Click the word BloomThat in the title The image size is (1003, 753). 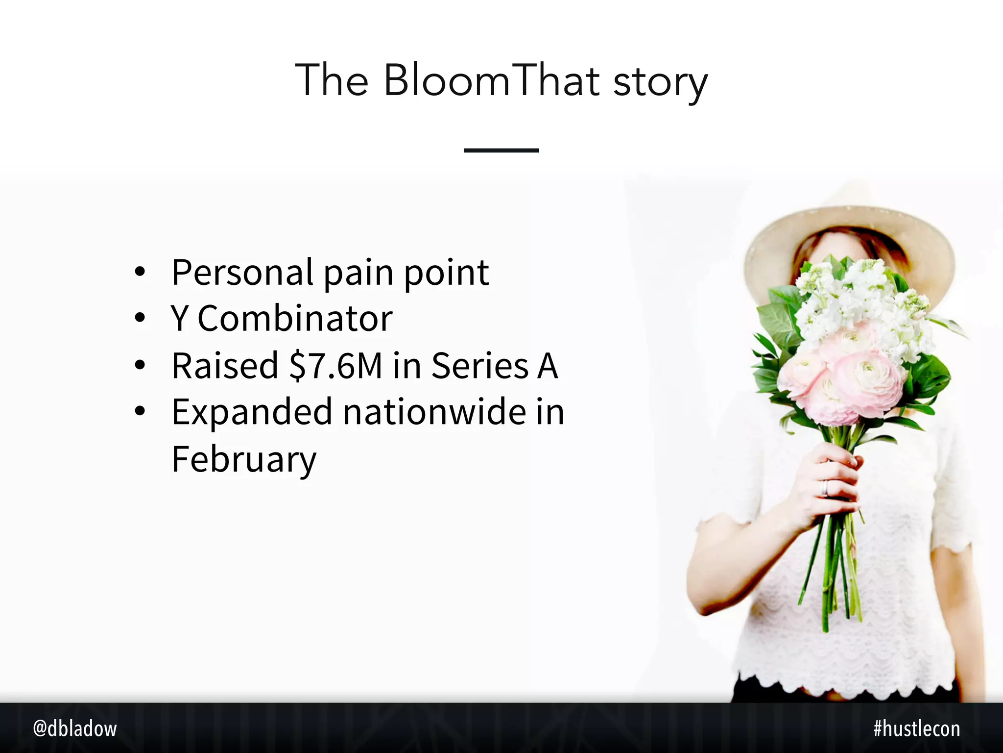pos(492,80)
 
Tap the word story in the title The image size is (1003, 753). pos(660,82)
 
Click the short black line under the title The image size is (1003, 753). pos(501,150)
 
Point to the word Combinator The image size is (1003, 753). pos(295,319)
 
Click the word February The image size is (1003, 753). pos(244,460)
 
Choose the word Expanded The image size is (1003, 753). pos(252,413)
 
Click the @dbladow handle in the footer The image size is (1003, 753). pos(75,729)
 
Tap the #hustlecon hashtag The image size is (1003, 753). pos(916,729)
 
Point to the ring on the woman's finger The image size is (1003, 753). pos(826,487)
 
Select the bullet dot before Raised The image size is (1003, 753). pos(140,365)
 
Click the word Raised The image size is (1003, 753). pos(225,366)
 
